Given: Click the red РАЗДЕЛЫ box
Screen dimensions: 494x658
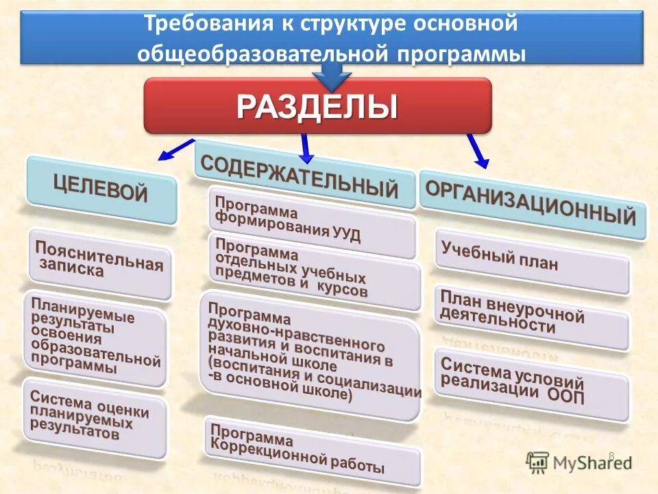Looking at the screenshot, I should (317, 106).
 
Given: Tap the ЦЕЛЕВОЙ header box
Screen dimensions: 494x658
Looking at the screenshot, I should (101, 190).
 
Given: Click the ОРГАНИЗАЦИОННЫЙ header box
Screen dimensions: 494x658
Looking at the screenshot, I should (533, 204).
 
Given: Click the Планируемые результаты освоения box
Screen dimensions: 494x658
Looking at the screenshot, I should (95, 339).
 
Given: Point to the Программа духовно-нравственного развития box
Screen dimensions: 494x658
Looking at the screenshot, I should (310, 355).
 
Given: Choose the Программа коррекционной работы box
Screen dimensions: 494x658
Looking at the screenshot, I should (312, 451).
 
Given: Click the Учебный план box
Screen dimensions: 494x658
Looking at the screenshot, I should (532, 261).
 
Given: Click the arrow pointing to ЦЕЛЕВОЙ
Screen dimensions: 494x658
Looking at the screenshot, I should (176, 148).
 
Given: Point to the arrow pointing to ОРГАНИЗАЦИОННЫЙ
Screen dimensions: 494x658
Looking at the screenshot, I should (478, 151).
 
